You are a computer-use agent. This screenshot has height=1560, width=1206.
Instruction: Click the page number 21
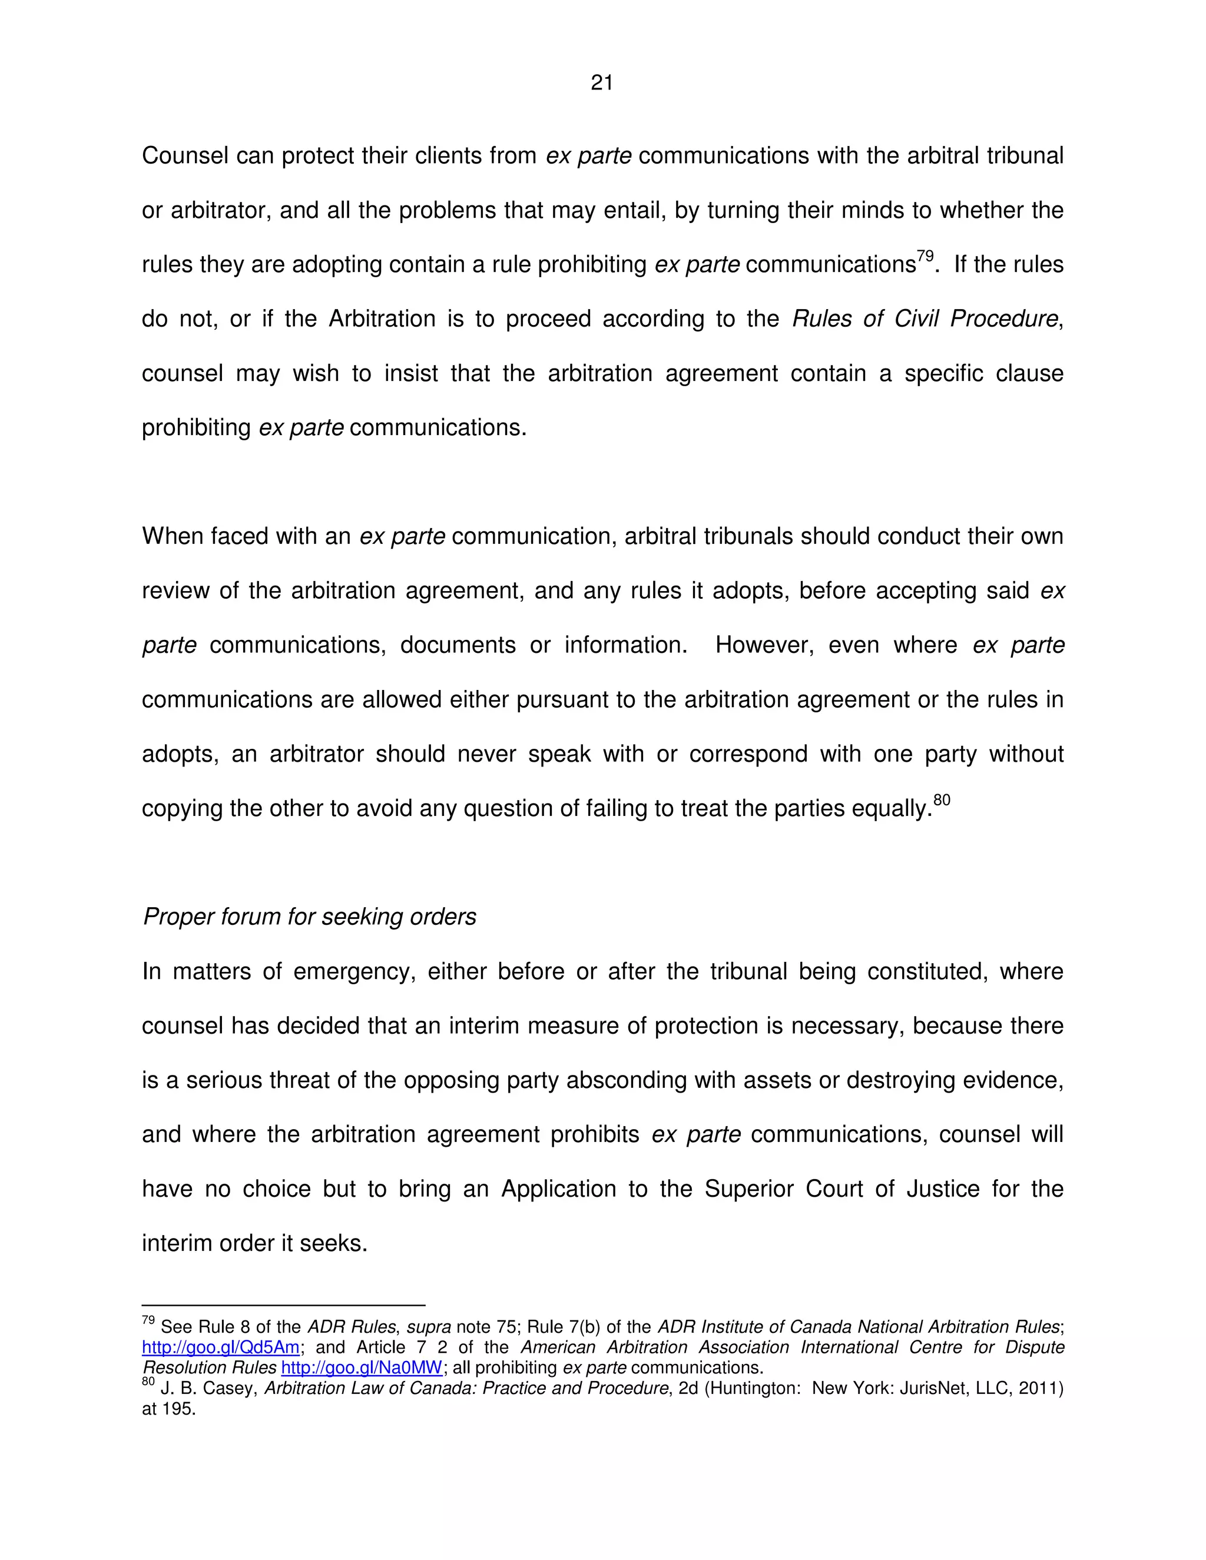602,83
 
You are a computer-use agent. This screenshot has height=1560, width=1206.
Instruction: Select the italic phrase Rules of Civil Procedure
925,318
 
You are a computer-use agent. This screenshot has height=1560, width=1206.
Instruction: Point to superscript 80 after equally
942,800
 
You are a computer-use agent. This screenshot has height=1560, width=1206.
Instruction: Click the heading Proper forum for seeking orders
309,917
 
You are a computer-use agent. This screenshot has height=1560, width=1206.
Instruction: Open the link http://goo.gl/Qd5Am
221,1347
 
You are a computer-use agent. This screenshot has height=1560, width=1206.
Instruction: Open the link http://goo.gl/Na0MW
362,1367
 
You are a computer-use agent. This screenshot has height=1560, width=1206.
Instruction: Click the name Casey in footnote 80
228,1388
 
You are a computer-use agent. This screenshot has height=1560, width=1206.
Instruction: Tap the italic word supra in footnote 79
429,1327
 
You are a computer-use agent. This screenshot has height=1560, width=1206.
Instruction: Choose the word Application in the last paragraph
558,1189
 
